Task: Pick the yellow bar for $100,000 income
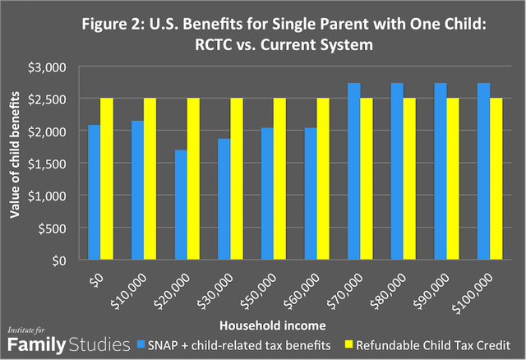pos(492,179)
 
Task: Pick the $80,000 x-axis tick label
pos(393,284)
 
